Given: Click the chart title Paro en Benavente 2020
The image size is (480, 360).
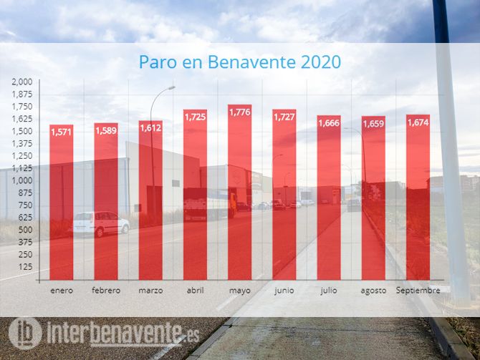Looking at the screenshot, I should (240, 62).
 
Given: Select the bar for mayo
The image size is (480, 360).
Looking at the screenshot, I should (240, 193).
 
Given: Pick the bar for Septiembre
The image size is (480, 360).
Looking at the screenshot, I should (418, 197).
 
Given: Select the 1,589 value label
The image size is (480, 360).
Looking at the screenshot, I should (106, 130).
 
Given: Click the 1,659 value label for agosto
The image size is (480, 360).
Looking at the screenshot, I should (374, 124).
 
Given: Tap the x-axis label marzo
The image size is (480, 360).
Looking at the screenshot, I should (150, 291).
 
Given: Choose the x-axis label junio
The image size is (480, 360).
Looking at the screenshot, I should (284, 291).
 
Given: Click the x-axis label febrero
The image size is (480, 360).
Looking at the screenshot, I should (106, 291).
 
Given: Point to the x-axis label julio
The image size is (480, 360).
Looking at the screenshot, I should (329, 291).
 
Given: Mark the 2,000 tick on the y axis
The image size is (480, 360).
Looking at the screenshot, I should (22, 82).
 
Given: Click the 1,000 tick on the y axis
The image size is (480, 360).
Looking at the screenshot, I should (22, 180).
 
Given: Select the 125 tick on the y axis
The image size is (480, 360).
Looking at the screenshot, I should (26, 266).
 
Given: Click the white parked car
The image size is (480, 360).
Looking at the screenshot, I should (100, 223).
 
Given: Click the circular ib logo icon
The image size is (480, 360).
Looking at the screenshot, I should (25, 333).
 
